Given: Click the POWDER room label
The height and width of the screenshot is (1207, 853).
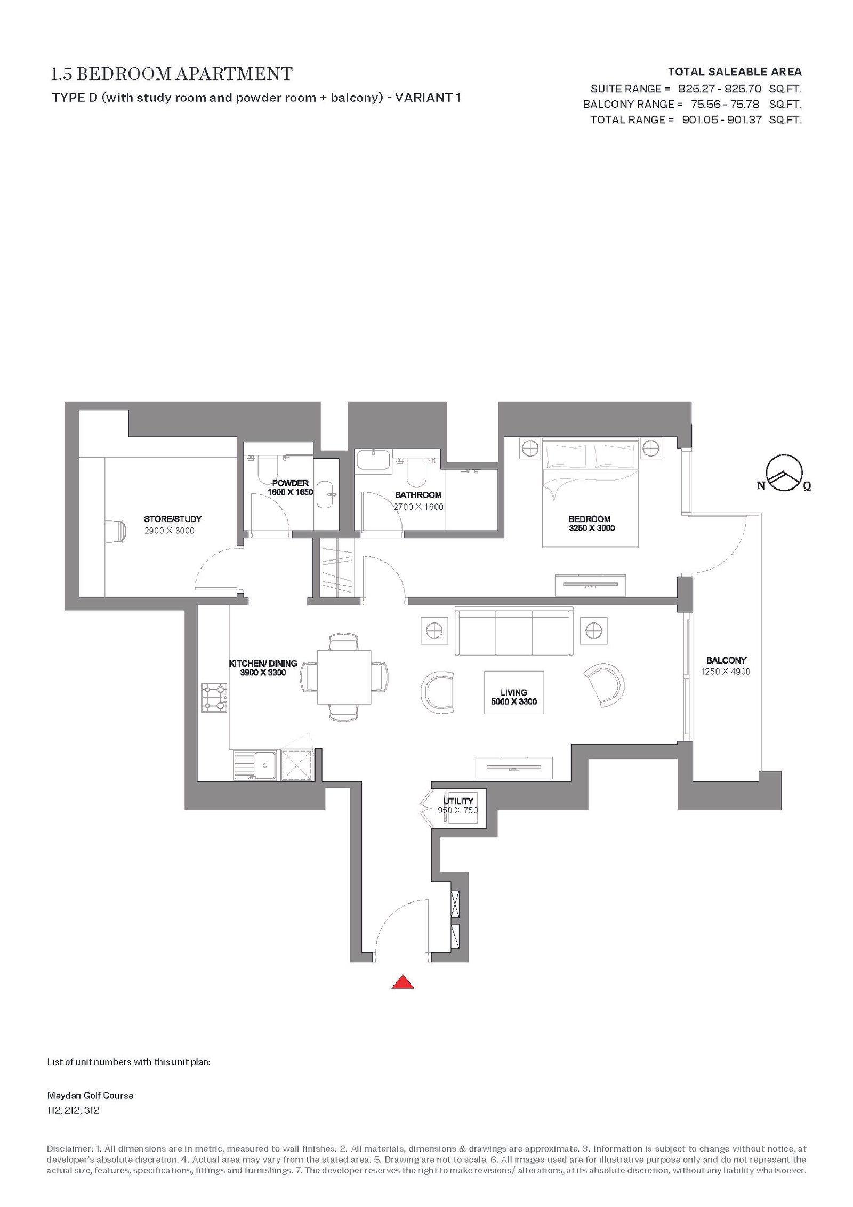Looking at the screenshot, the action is [x=291, y=483].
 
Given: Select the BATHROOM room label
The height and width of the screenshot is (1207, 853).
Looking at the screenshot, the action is [x=419, y=495].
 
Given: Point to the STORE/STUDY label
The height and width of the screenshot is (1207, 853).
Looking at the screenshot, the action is [x=173, y=519].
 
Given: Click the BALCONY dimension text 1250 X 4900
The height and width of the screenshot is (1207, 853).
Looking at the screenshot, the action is [x=726, y=672].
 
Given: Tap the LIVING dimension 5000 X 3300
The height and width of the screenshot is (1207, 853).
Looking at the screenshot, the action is [x=514, y=701].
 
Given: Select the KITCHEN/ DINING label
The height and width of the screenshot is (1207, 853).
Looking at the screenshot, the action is [x=263, y=664].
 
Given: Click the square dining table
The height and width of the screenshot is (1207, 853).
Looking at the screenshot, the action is [x=344, y=677].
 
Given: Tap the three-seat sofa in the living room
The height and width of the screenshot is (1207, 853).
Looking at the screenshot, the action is [x=514, y=632].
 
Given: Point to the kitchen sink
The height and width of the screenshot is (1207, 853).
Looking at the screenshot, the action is [x=255, y=766].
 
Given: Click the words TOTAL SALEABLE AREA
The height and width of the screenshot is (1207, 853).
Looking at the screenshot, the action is [x=735, y=71].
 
